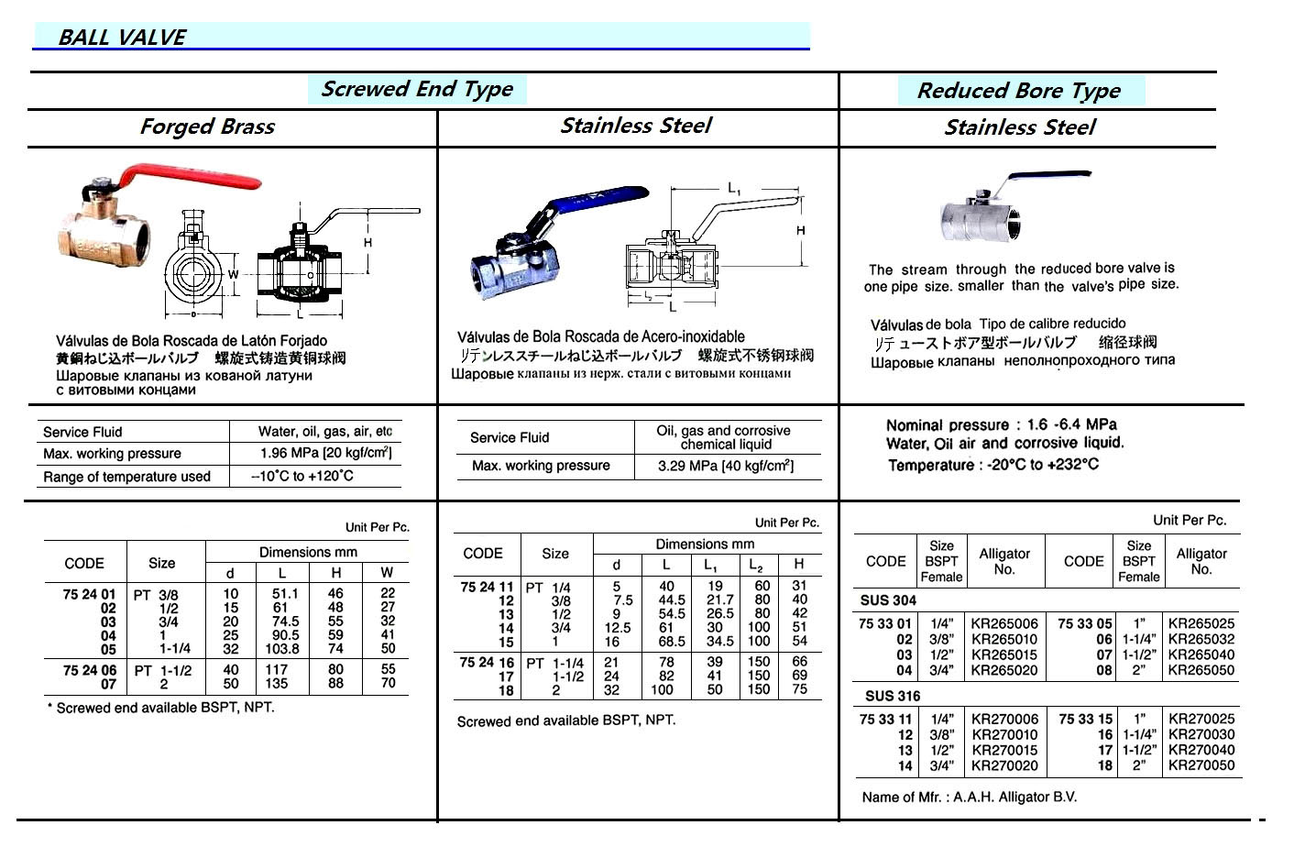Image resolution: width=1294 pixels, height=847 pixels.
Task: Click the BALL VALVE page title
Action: pos(122,38)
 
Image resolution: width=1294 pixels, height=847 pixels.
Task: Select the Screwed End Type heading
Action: pos(417,89)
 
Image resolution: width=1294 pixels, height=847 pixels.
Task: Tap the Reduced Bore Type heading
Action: pos(1018,91)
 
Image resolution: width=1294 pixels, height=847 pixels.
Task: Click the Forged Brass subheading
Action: pos(207,126)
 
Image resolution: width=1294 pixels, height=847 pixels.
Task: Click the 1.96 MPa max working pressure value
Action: pos(325,454)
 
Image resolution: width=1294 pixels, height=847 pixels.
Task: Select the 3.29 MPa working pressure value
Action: pos(726,466)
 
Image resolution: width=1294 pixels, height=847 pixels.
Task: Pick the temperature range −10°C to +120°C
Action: pos(302,477)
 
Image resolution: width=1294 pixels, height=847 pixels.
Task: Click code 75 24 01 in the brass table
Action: pos(89,595)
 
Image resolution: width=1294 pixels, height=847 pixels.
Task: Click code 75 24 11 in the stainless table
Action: pos(487,587)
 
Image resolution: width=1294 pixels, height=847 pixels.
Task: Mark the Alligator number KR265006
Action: pos(1004,624)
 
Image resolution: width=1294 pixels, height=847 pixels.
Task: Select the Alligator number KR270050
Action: pos(1201,765)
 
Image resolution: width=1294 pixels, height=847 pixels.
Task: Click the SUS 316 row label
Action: pos(889,697)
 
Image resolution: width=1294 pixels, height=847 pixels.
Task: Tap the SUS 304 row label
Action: pos(888,600)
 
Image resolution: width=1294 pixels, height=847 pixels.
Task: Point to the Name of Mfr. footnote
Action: pos(969,797)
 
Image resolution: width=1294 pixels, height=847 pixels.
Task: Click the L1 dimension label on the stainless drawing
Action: pos(734,189)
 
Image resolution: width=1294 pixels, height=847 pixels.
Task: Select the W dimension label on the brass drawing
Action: pos(233,274)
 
